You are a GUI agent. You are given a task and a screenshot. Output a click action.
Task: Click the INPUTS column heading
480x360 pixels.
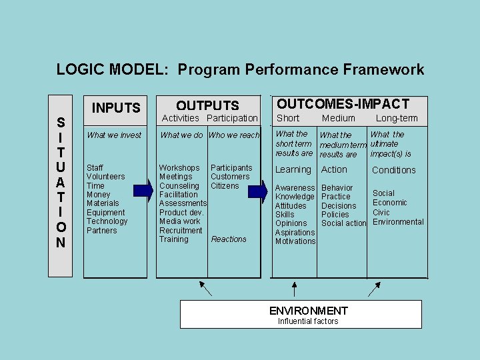116,108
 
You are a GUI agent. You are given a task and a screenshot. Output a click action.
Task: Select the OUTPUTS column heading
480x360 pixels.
207,105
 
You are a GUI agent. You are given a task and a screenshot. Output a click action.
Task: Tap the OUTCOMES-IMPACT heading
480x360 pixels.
343,104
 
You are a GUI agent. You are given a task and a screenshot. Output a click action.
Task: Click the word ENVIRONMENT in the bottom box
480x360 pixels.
308,311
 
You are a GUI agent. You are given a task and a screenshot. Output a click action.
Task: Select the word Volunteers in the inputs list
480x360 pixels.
105,177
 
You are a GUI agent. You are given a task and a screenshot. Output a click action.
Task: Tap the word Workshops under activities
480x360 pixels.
179,167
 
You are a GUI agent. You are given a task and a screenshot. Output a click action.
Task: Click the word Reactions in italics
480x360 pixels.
229,239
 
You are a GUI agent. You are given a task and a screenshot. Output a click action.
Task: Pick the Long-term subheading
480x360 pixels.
397,119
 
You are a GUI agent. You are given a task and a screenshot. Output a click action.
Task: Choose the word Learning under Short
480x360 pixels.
293,170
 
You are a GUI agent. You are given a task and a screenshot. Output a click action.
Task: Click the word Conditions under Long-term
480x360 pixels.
393,170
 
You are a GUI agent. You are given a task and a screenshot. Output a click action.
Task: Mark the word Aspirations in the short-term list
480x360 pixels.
295,233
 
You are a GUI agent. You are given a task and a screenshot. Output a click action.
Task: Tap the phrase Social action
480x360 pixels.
344,223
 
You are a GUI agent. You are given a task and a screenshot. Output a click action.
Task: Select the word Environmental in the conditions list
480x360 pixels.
398,222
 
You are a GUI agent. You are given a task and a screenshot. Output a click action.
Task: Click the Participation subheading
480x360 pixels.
232,118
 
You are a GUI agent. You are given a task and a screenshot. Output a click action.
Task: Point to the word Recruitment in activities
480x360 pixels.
181,231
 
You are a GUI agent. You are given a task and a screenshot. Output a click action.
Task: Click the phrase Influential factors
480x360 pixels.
308,321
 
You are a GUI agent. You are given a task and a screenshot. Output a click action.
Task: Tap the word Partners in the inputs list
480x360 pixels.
101,231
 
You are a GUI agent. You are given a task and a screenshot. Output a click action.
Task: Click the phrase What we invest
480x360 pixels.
114,135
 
